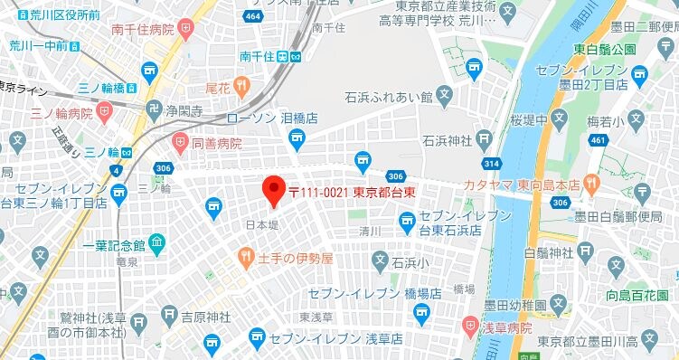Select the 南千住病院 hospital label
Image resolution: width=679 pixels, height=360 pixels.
click(x=142, y=30)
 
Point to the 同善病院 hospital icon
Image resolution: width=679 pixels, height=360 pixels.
click(x=177, y=143)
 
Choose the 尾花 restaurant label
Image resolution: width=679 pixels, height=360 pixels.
click(x=218, y=87)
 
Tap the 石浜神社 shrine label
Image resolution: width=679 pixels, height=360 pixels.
click(x=448, y=140)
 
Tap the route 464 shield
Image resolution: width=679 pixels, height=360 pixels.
click(x=254, y=16)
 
